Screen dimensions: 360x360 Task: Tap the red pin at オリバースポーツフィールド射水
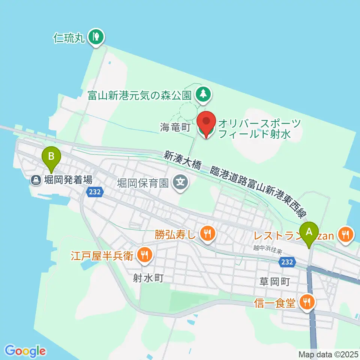click(206, 123)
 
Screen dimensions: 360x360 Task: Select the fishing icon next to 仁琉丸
click(96, 37)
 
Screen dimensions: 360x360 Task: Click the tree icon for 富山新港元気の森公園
click(203, 94)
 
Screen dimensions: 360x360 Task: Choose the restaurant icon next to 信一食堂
click(307, 302)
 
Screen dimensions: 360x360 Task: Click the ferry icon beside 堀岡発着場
click(36, 180)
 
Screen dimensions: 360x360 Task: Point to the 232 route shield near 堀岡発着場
click(94, 192)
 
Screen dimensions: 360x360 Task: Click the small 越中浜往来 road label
click(267, 248)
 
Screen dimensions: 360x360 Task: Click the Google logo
click(25, 351)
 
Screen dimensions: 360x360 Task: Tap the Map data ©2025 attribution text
click(328, 354)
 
